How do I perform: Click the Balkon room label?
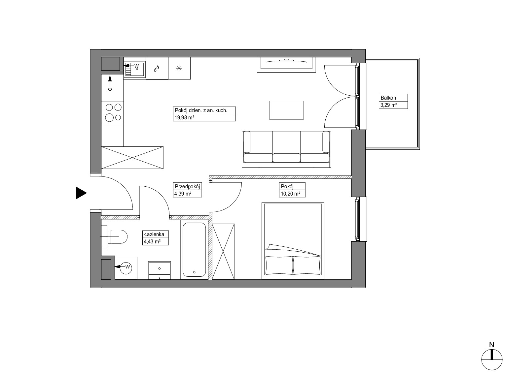[388, 98]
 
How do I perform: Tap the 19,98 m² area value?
[184, 118]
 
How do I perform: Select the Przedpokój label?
[187, 186]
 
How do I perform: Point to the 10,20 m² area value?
[290, 194]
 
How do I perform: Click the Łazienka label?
[154, 234]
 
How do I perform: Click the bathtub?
[194, 249]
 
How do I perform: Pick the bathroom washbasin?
[160, 270]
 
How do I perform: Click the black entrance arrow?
[81, 193]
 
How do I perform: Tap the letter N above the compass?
[491, 345]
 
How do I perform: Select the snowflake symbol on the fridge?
[179, 68]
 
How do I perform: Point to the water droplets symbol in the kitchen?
[156, 69]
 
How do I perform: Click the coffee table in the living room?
[286, 110]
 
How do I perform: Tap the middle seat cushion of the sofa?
[286, 158]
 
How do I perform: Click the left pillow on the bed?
[279, 265]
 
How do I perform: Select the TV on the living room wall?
[286, 61]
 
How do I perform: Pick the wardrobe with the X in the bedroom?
[223, 251]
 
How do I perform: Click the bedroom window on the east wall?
[359, 219]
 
